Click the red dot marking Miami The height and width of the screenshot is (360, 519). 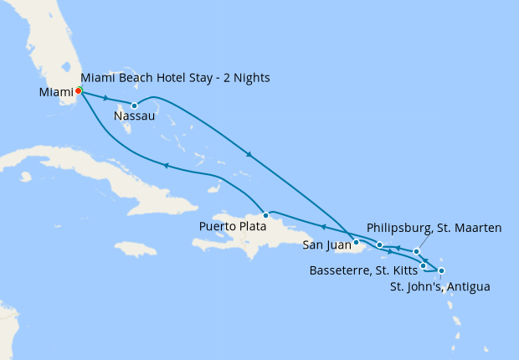point(79,90)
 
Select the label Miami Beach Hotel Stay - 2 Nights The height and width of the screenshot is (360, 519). point(176,78)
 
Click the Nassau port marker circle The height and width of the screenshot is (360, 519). point(134,105)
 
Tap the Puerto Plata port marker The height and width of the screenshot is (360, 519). point(265,214)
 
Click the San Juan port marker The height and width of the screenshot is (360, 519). point(357,243)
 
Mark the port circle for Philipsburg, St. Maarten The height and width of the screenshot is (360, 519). point(416,251)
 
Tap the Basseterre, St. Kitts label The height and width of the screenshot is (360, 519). point(362,270)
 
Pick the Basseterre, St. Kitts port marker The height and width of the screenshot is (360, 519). point(424,265)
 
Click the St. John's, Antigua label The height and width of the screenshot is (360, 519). point(440,286)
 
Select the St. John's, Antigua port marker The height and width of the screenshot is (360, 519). point(441,270)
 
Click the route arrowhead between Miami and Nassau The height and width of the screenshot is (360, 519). point(105,98)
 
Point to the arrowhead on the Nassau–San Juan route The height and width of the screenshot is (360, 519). point(249,153)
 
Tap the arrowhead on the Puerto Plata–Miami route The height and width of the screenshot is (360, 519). point(166,166)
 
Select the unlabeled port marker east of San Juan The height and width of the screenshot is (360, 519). point(380,245)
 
